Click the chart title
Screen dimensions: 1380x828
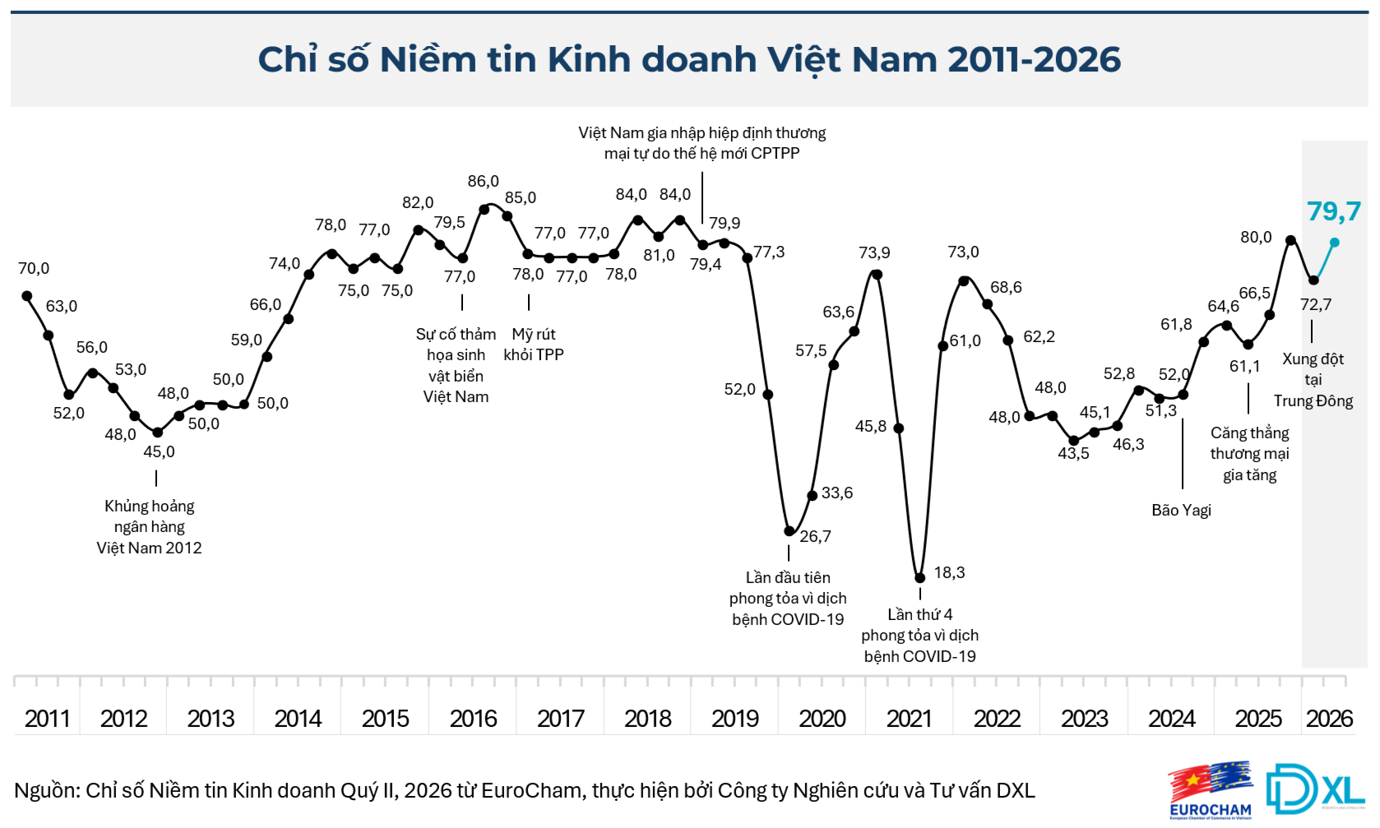pyautogui.click(x=689, y=60)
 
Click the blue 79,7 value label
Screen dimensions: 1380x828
pyautogui.click(x=1334, y=211)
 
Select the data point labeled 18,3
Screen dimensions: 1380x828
pyautogui.click(x=920, y=578)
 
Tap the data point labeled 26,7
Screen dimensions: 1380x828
pyautogui.click(x=790, y=531)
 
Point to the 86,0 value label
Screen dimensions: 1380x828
pyautogui.click(x=483, y=181)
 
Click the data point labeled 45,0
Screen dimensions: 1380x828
pyautogui.click(x=158, y=433)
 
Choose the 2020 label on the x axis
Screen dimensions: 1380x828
pyautogui.click(x=822, y=719)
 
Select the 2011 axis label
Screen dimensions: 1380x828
pyautogui.click(x=48, y=719)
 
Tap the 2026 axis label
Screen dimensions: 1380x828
pyautogui.click(x=1330, y=719)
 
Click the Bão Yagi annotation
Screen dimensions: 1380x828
pyautogui.click(x=1182, y=510)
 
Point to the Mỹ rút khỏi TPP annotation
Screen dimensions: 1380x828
pyautogui.click(x=534, y=345)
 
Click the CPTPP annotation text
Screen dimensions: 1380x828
pyautogui.click(x=702, y=143)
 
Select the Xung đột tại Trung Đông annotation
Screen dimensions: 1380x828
pyautogui.click(x=1313, y=380)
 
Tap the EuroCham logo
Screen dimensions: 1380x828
pyautogui.click(x=1211, y=790)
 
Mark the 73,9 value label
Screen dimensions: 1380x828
pyautogui.click(x=875, y=252)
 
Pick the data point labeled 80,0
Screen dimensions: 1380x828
pyautogui.click(x=1290, y=239)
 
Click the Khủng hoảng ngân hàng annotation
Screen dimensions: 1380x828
pyautogui.click(x=149, y=527)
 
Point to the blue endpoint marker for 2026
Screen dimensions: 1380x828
pyautogui.click(x=1335, y=243)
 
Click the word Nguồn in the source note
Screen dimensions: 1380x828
pyautogui.click(x=46, y=790)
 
